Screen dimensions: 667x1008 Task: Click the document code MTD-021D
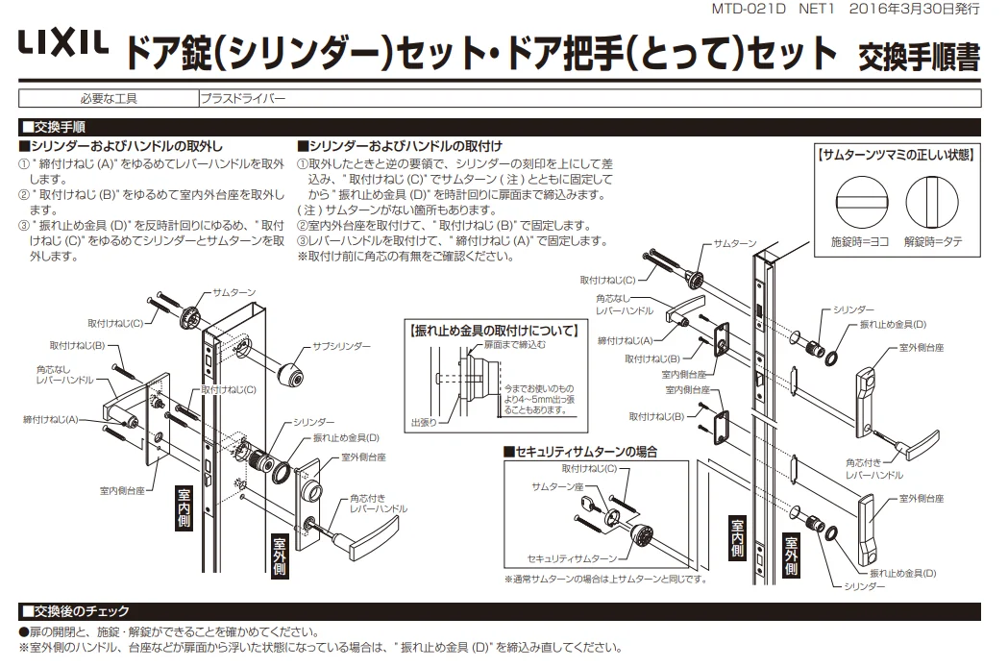click(746, 9)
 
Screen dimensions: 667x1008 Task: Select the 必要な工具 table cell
click(108, 98)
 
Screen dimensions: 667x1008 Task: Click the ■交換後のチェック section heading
click(74, 612)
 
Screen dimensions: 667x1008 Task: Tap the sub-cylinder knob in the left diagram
click(289, 372)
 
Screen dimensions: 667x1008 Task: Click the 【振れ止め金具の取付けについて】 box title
click(493, 330)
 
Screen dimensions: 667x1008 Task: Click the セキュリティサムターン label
click(573, 557)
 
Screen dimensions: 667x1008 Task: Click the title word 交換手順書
click(919, 56)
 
